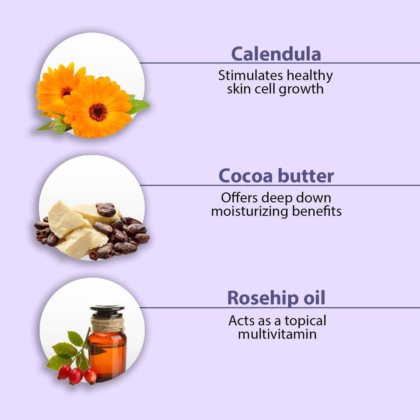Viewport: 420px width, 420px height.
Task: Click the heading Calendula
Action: [x=276, y=54]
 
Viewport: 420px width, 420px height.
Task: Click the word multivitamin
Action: [x=277, y=335]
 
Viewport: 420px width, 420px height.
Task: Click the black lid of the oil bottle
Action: [x=108, y=312]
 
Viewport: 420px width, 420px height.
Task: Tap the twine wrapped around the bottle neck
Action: [x=108, y=324]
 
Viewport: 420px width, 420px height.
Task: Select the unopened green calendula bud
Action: [x=57, y=126]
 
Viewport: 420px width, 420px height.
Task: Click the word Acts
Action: [x=241, y=321]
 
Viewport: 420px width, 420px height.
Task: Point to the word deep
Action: [x=274, y=198]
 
